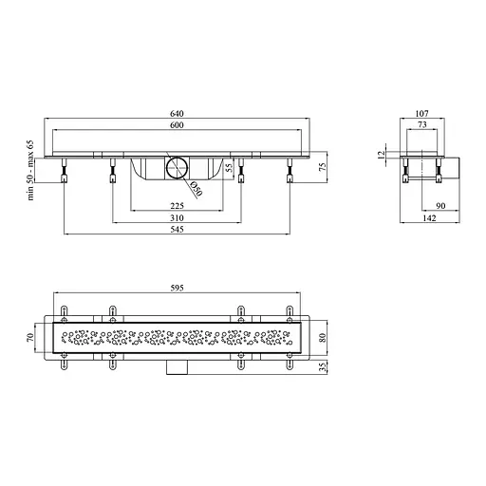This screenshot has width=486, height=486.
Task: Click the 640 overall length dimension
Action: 177,113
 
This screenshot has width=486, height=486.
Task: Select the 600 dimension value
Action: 177,125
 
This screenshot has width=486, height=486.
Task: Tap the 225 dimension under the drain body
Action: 177,206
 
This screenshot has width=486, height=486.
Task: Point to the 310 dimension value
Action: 177,218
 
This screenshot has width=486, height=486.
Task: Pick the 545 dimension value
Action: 177,230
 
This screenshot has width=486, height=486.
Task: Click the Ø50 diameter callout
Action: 196,189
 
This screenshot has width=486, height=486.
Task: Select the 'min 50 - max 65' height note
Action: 30,170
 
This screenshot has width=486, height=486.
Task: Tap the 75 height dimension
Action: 322,167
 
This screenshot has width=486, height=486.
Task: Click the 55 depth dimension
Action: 230,167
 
